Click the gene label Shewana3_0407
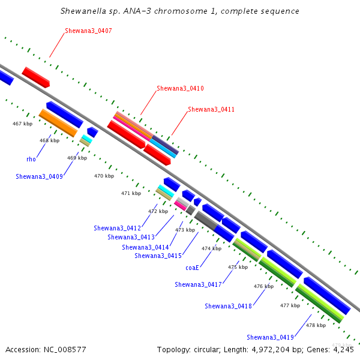(88, 31)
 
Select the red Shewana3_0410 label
(180, 88)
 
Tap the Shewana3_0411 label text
(211, 109)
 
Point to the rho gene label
(31, 159)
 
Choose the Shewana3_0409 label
(39, 176)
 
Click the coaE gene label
(192, 268)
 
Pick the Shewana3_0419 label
(270, 337)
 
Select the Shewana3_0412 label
(118, 228)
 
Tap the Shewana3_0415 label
(158, 256)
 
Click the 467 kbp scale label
(23, 124)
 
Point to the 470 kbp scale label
(104, 176)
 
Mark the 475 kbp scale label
(238, 267)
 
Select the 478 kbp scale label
(316, 325)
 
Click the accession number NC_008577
(65, 350)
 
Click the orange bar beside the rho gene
(58, 123)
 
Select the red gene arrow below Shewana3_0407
(36, 77)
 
